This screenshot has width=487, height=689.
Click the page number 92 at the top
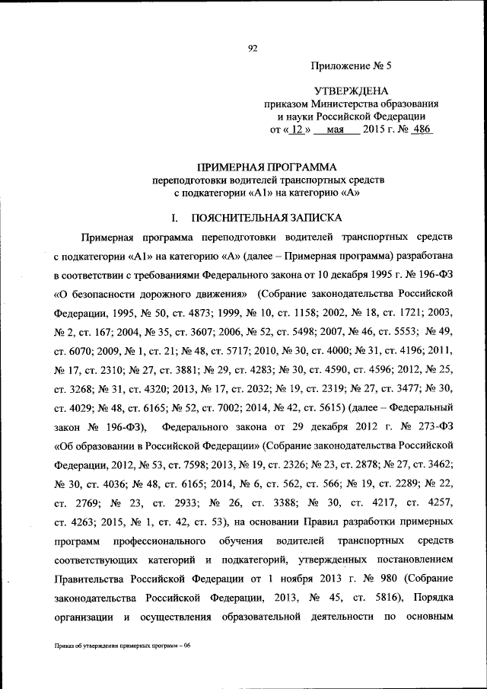tap(253, 49)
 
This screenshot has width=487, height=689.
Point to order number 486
tap(420, 129)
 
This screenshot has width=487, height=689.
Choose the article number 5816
tap(368, 596)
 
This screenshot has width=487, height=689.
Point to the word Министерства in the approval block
tap(342, 103)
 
